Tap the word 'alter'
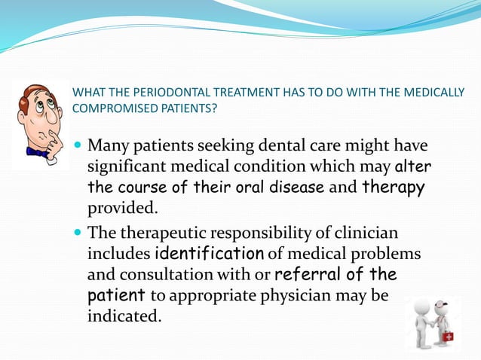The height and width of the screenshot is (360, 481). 412,165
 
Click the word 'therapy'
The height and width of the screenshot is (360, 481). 394,186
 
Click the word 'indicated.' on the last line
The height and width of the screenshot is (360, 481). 125,316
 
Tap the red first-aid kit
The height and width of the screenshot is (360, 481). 448,335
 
